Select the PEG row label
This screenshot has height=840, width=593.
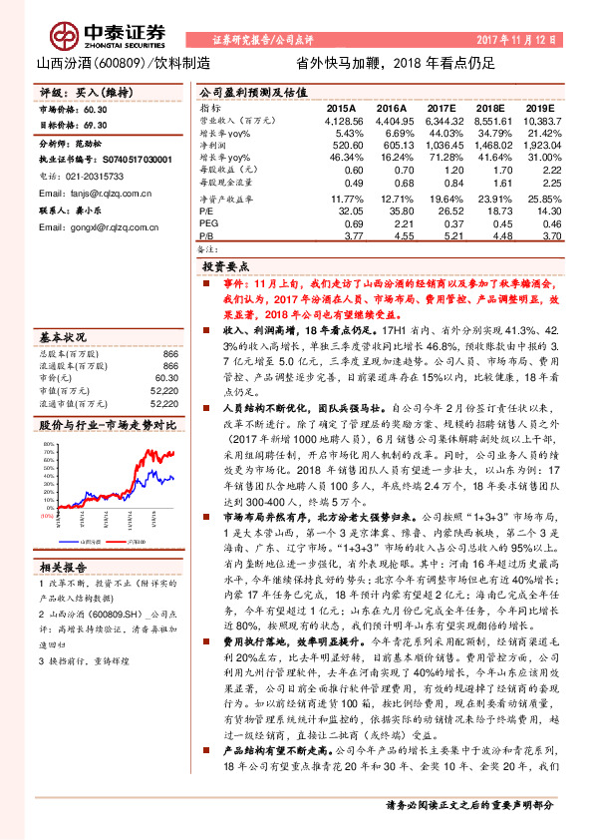tap(207, 224)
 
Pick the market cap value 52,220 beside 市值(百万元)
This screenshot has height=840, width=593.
tap(163, 363)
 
